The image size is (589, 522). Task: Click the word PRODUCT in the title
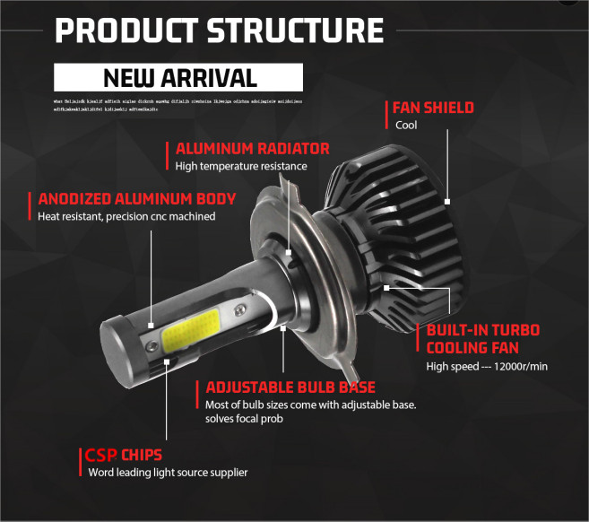click(x=126, y=29)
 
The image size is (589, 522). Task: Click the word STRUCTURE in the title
click(x=295, y=29)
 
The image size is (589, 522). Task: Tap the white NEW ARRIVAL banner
click(x=180, y=77)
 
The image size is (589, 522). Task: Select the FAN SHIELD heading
click(x=434, y=108)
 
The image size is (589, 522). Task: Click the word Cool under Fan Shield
click(x=406, y=125)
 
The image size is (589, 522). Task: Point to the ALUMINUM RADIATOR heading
click(x=253, y=149)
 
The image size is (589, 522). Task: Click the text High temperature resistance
click(x=241, y=166)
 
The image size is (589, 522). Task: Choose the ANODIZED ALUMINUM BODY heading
click(x=137, y=199)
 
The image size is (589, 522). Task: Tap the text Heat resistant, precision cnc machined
click(x=126, y=216)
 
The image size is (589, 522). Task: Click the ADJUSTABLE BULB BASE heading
click(x=290, y=387)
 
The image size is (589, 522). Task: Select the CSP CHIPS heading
click(x=124, y=455)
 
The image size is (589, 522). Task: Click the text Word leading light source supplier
click(x=168, y=472)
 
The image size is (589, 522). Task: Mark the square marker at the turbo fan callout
click(x=386, y=288)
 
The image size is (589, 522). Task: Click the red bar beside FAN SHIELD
click(x=389, y=115)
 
